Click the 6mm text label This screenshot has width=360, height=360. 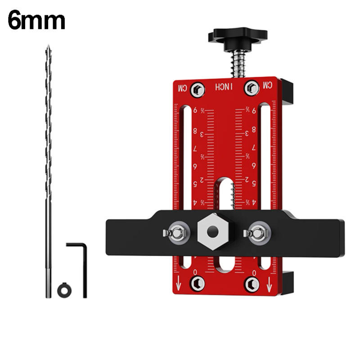[36, 21]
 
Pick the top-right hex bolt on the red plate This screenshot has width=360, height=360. [252, 88]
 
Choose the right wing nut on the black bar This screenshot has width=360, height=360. [257, 232]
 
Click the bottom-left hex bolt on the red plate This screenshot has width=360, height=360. [197, 283]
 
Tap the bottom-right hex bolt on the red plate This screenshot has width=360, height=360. [252, 284]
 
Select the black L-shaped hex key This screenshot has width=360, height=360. [81, 265]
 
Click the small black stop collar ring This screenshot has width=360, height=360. [64, 290]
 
